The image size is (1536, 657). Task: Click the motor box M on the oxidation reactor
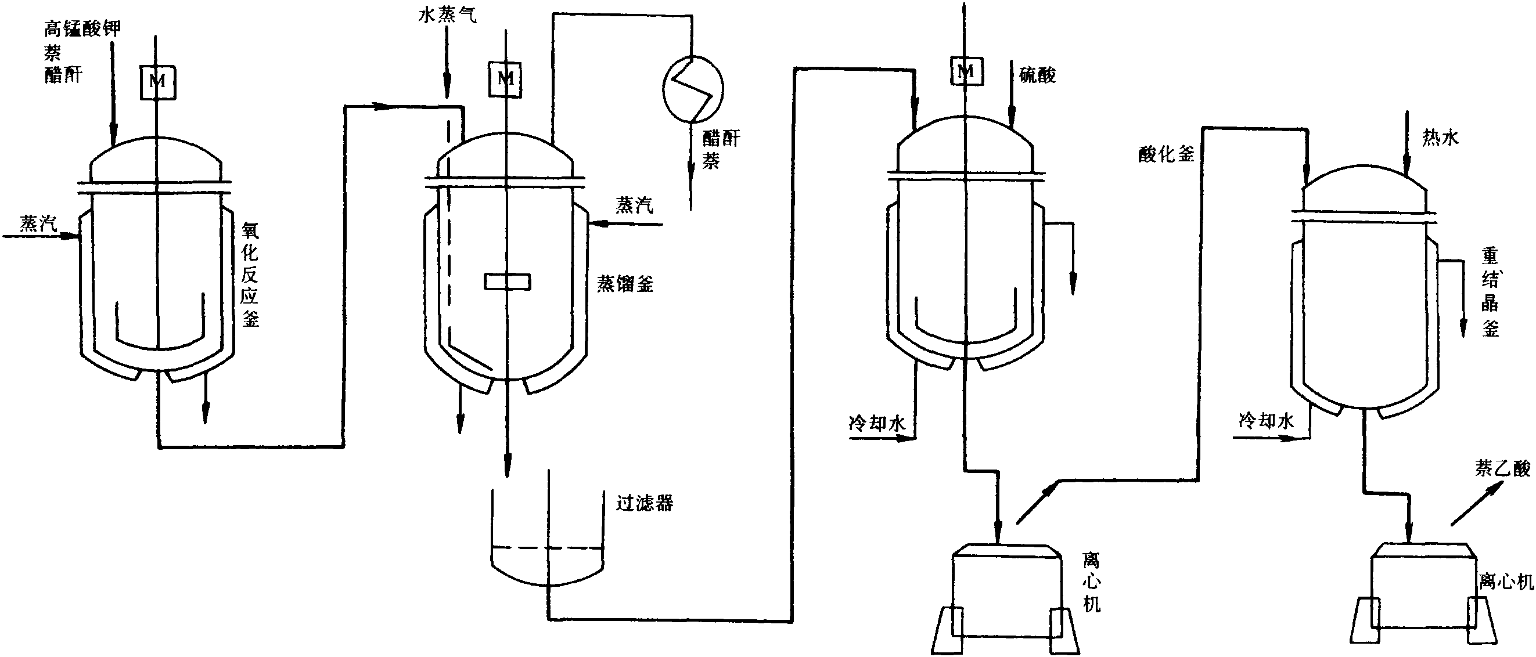coord(158,81)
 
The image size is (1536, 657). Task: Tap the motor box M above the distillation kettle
coord(506,79)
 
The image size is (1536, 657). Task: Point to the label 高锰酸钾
coord(83,28)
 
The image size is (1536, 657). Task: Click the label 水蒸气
coord(447,15)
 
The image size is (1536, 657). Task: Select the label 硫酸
coord(1038,75)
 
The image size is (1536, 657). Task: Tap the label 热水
coord(1440,138)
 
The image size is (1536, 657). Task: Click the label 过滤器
coord(645,503)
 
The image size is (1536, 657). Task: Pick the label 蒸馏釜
coord(625,284)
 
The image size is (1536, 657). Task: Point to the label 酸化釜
coord(1166,155)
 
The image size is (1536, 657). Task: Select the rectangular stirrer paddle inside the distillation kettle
coord(508,281)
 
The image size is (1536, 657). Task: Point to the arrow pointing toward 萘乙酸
coord(1475,504)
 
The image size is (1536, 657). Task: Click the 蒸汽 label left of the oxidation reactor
coord(38,223)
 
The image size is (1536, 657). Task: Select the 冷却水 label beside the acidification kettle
coord(877,423)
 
